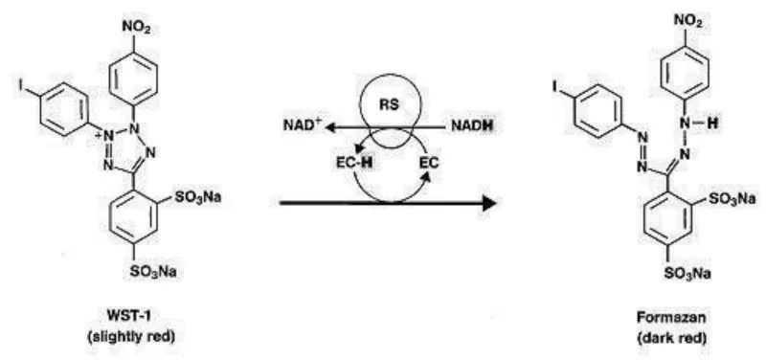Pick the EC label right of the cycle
[x=430, y=162]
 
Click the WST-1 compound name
[x=129, y=317]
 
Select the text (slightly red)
[x=129, y=337]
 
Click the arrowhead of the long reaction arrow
[x=489, y=203]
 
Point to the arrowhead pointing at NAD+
[x=331, y=128]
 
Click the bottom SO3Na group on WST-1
[x=152, y=272]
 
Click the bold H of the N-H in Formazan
[x=713, y=124]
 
